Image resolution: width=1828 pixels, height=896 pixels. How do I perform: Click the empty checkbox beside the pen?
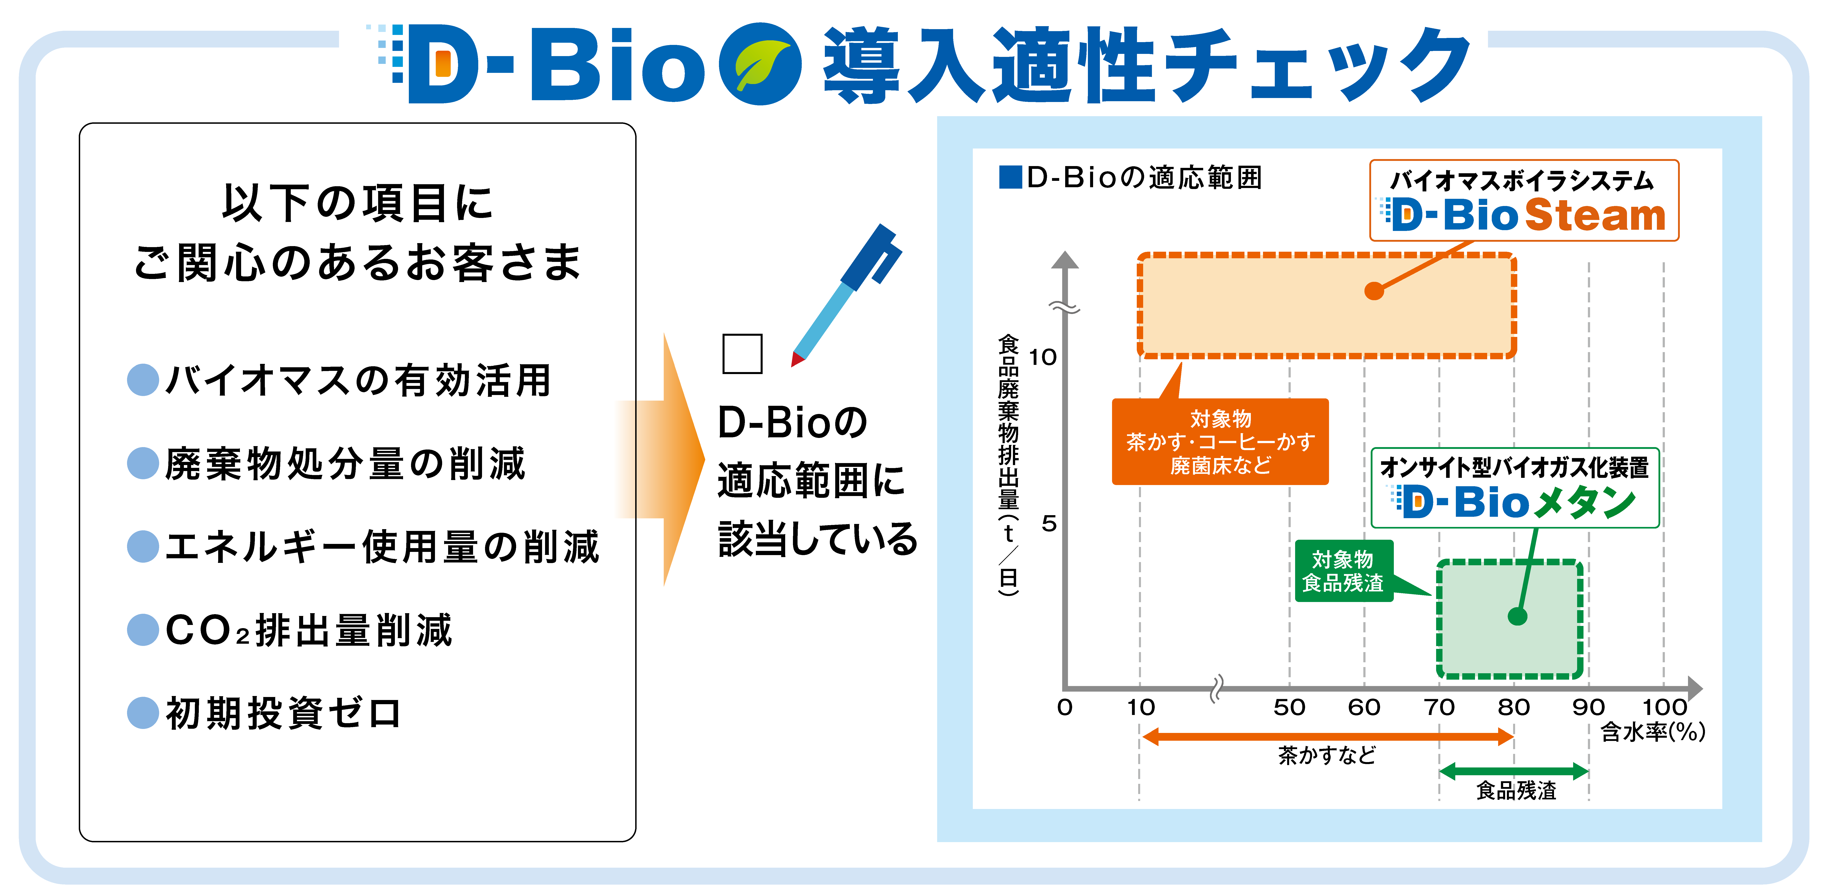(x=742, y=353)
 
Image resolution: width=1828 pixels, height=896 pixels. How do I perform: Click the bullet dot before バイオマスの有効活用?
(x=143, y=380)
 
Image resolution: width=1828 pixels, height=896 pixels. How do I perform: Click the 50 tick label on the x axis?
(x=1289, y=707)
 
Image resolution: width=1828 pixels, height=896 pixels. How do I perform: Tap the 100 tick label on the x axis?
(x=1664, y=707)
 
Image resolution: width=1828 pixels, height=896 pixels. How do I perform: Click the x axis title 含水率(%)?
(x=1653, y=731)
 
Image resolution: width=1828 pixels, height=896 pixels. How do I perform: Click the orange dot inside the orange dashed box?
(x=1374, y=290)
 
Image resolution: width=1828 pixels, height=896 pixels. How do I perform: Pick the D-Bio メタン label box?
(x=1515, y=488)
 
